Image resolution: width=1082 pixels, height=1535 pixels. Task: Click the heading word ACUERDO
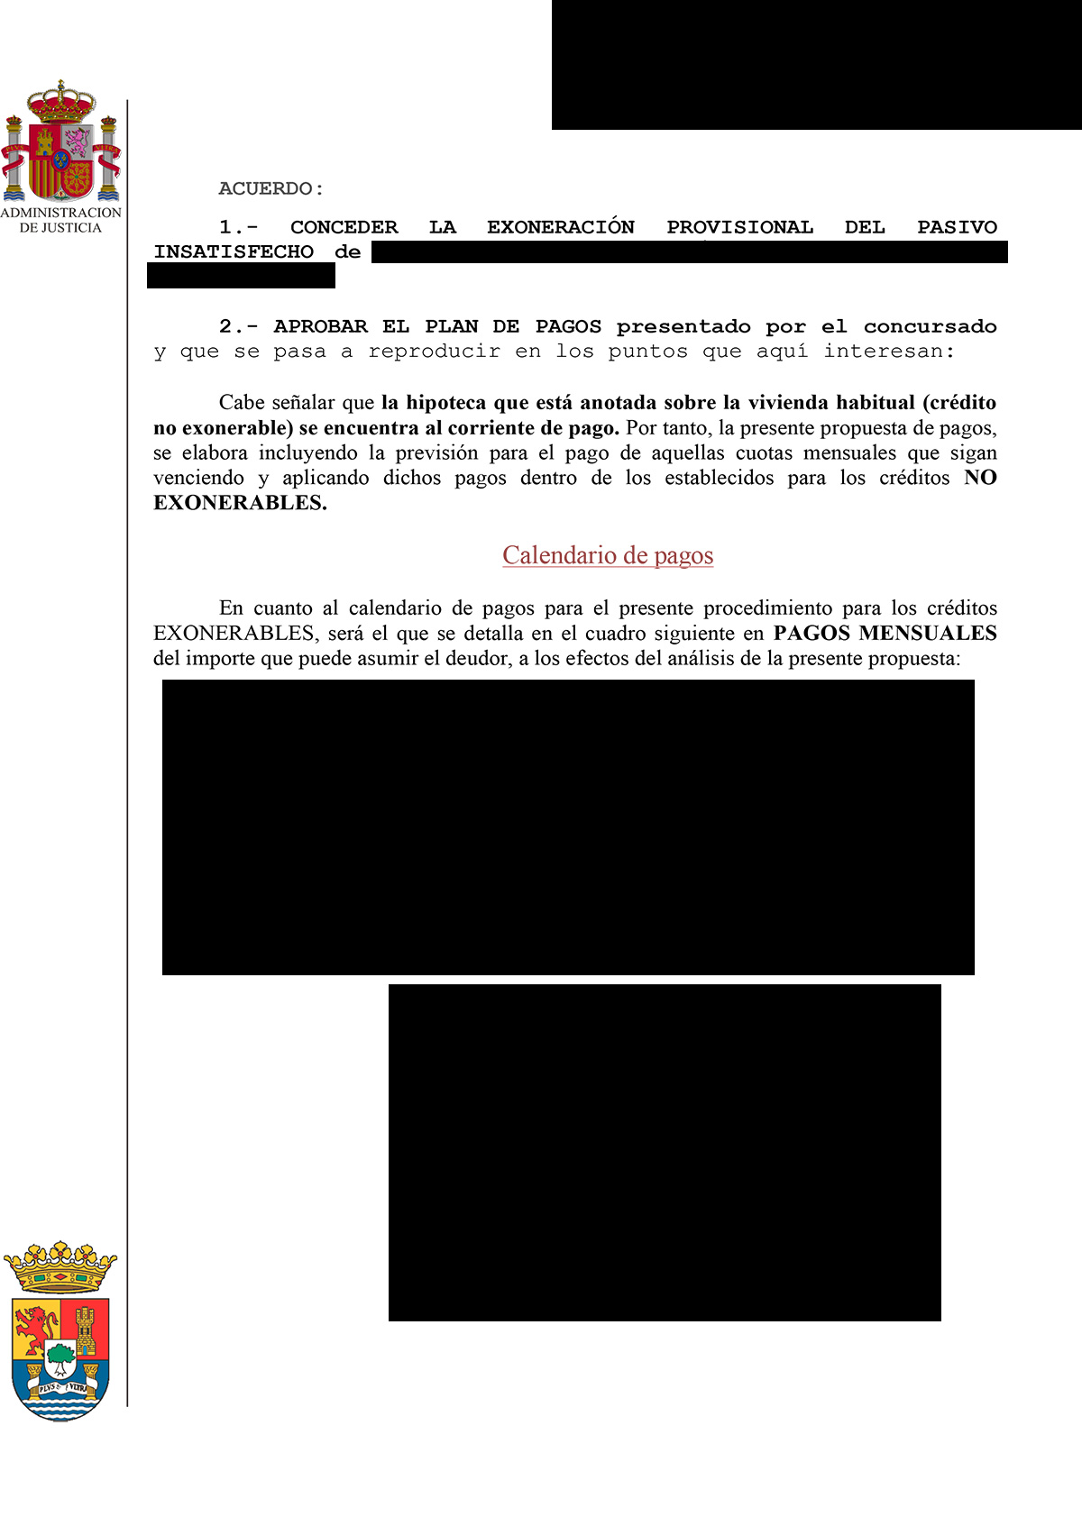coord(266,188)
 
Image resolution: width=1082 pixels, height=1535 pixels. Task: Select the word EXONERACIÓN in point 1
coord(561,227)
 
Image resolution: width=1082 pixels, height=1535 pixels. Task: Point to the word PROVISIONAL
coord(739,227)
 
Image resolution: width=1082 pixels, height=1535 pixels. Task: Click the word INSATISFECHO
coord(234,252)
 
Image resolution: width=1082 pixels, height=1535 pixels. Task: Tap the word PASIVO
coord(957,227)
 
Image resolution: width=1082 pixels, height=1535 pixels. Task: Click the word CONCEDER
coord(344,227)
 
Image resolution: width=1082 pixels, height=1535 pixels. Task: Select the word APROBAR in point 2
coord(320,326)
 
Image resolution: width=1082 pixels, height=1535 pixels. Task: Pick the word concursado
coord(930,326)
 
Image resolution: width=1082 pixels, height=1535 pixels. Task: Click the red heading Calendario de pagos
coord(608,555)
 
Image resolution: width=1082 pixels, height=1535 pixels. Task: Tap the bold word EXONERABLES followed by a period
coord(240,503)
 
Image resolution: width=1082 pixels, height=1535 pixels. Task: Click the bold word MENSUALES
coord(928,633)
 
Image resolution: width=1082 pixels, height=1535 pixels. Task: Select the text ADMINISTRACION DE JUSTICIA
coord(60,220)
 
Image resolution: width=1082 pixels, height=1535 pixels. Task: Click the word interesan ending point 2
coord(888,352)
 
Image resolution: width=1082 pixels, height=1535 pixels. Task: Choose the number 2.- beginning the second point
coord(238,326)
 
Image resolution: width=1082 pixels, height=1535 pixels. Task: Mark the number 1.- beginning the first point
coord(238,227)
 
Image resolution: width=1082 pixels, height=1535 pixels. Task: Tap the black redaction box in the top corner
coord(816,65)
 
